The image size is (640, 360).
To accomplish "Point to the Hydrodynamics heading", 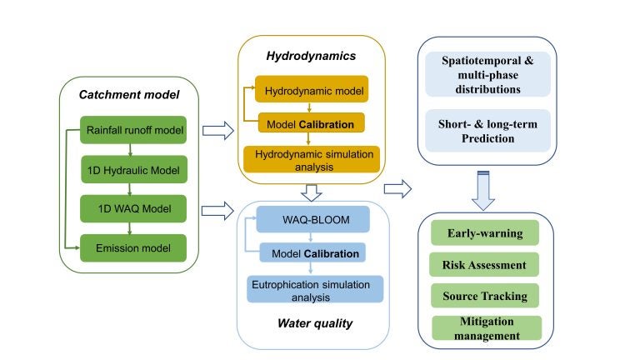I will (x=310, y=57).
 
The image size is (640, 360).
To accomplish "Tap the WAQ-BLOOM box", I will (x=312, y=220).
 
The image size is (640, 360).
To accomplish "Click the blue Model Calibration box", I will (x=312, y=253).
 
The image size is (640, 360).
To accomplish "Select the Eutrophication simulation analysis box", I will (x=312, y=289).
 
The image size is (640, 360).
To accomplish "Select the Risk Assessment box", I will (x=486, y=265).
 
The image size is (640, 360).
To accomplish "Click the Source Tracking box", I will (x=486, y=296).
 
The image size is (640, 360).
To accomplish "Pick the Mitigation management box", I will (x=486, y=327).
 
